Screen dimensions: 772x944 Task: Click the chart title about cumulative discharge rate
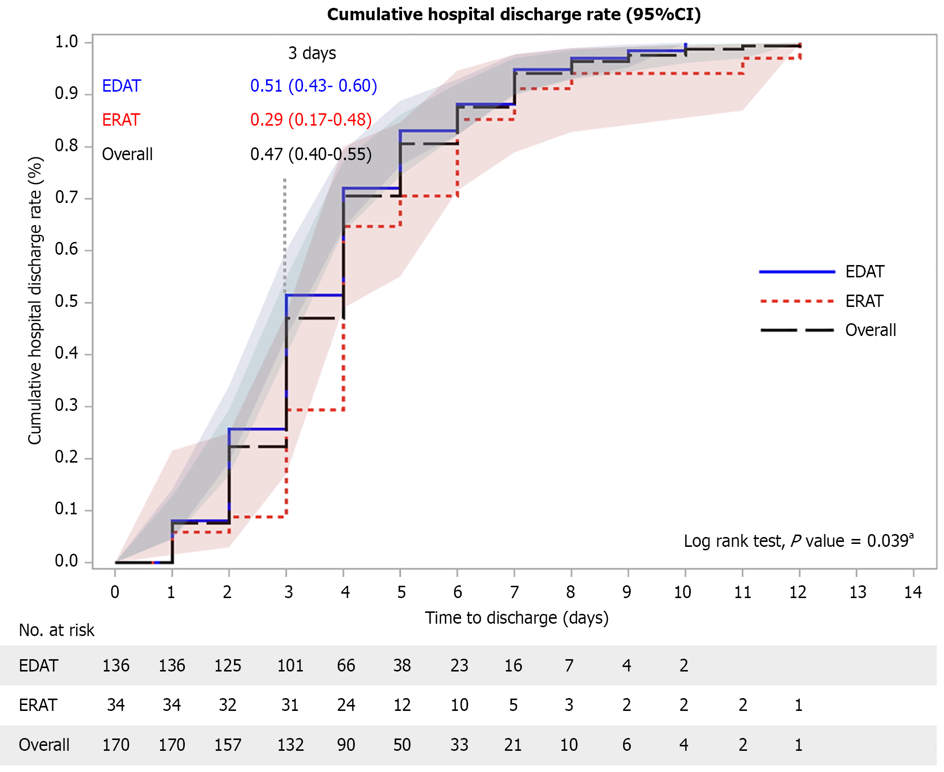coord(513,14)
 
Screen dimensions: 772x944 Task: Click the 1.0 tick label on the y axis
coord(67,42)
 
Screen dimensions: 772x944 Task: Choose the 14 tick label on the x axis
coord(912,592)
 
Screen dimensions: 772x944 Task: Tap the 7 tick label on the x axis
coord(514,592)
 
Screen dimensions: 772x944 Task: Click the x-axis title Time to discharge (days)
coord(516,618)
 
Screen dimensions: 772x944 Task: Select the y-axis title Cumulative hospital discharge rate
coord(35,301)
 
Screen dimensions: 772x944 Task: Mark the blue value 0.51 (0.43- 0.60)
coord(313,86)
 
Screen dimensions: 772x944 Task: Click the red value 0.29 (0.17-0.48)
coord(311,120)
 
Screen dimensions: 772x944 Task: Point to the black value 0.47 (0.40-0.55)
coord(311,154)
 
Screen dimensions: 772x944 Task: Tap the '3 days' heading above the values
coord(312,53)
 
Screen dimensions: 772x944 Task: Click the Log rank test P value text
coord(798,540)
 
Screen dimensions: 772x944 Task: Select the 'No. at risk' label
coord(57,630)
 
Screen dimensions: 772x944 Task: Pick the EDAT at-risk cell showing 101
coord(290,666)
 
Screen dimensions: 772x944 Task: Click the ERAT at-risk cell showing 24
coord(346,705)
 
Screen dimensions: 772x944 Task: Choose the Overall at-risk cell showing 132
coord(290,744)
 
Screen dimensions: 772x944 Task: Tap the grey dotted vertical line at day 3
coord(285,232)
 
